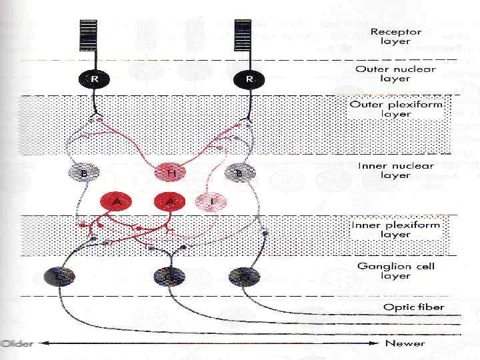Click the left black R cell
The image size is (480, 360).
pos(95,79)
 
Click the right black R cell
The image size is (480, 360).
pos(249,79)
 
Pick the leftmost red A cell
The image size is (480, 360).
pos(117,201)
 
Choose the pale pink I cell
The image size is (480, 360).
pos(211,201)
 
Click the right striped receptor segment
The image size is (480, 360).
pos(241,34)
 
